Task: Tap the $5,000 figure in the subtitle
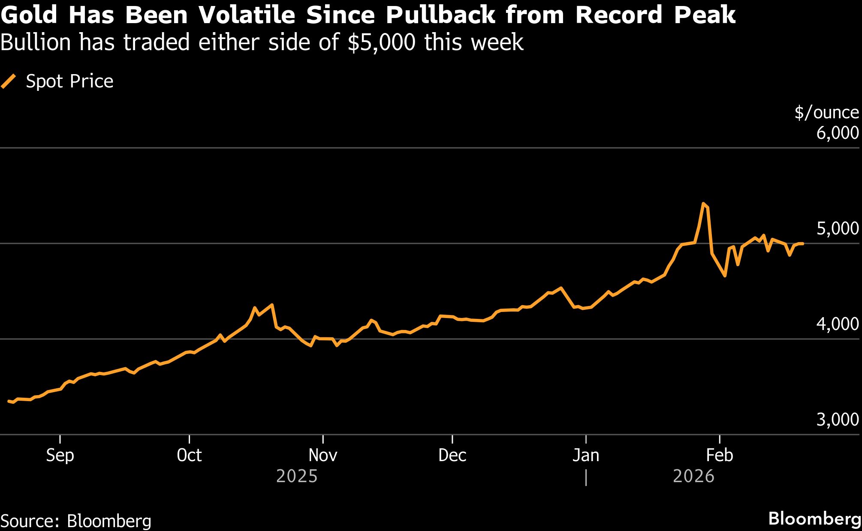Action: pos(382,42)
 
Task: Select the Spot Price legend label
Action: pos(69,81)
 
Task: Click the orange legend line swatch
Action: pos(9,81)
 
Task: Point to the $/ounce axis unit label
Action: pos(826,112)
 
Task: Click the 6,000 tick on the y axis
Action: pos(837,133)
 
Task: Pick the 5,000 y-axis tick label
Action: pos(837,228)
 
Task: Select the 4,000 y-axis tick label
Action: pos(837,324)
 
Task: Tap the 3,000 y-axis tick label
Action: pos(837,420)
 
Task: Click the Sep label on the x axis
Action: pos(60,455)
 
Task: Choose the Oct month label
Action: pos(189,455)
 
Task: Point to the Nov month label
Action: pos(322,455)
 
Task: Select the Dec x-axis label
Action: pos(452,455)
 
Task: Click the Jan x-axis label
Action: pos(586,455)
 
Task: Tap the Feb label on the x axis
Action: pos(719,455)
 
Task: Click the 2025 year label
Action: pos(297,476)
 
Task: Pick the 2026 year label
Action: pos(693,476)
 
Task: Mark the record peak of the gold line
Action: pos(703,204)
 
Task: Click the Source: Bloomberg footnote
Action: pos(76,521)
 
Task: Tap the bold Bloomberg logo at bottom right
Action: pos(814,519)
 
